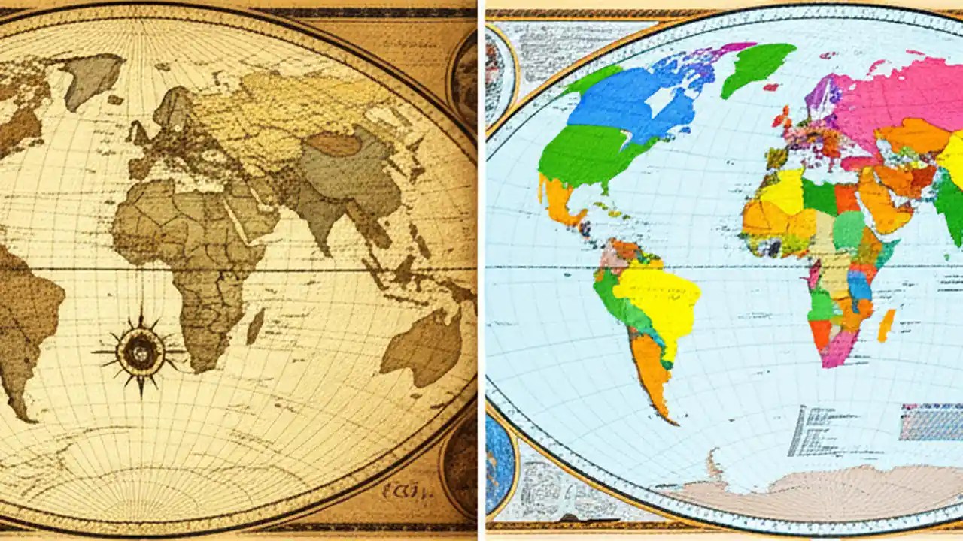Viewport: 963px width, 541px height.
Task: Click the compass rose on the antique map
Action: pyautogui.click(x=140, y=351)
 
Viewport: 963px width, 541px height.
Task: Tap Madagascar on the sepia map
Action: pyautogui.click(x=255, y=327)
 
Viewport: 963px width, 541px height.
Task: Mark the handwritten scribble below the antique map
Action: pyautogui.click(x=402, y=492)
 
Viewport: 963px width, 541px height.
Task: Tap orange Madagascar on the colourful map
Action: pyautogui.click(x=887, y=325)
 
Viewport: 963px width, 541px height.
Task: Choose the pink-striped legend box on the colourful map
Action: pyautogui.click(x=931, y=422)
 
